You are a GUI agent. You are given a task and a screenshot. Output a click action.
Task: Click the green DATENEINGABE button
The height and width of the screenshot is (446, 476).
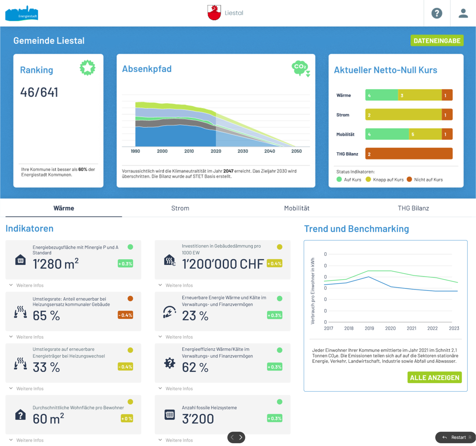point(437,41)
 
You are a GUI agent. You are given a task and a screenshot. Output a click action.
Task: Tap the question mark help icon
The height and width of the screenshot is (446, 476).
point(437,13)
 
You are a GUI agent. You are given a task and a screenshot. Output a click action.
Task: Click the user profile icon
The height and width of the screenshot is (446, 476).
point(463,13)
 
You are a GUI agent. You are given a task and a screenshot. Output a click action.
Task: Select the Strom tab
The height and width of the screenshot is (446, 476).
point(180,208)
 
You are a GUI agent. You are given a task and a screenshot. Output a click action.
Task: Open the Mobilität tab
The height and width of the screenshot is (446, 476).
point(296,208)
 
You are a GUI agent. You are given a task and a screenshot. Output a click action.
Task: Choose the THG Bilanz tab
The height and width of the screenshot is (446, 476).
point(413,208)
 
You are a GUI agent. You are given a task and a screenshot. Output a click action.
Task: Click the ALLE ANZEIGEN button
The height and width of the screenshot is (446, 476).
point(435,378)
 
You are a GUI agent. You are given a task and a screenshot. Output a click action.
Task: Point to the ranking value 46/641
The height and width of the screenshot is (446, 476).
point(39,92)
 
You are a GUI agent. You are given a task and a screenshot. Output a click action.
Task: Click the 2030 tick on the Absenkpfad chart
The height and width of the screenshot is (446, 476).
point(243,151)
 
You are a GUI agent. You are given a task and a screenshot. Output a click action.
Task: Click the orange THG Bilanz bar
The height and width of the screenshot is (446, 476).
point(409,154)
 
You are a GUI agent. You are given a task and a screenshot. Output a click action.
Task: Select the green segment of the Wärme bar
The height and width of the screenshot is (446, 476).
point(381,95)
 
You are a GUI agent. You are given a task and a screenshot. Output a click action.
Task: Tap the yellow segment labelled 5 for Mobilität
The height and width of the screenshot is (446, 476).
point(425,134)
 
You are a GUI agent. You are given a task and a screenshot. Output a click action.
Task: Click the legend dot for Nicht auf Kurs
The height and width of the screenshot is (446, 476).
point(409,179)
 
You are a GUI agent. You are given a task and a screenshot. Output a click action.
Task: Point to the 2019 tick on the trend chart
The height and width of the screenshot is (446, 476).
point(369,328)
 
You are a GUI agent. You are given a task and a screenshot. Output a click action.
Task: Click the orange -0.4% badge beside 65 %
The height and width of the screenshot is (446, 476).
point(125,315)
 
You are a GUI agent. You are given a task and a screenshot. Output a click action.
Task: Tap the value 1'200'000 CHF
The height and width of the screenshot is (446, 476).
point(223,264)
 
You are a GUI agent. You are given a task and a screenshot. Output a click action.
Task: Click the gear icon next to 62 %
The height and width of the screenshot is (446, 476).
point(170,363)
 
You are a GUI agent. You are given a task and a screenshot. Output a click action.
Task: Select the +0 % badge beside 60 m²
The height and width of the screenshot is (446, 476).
point(126,418)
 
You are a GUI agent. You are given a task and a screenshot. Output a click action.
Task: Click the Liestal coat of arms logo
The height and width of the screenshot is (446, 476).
point(214,13)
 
